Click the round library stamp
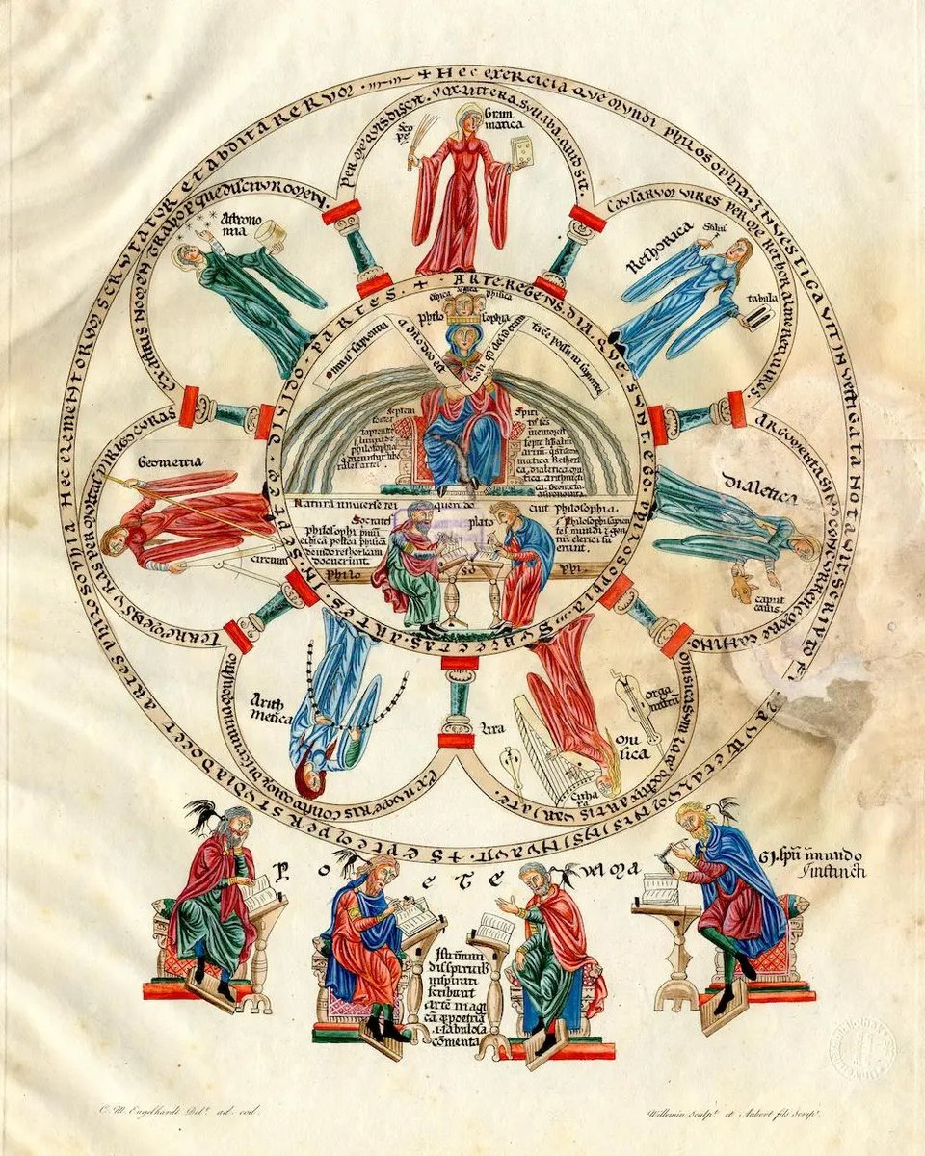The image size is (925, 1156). [x=861, y=1044]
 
